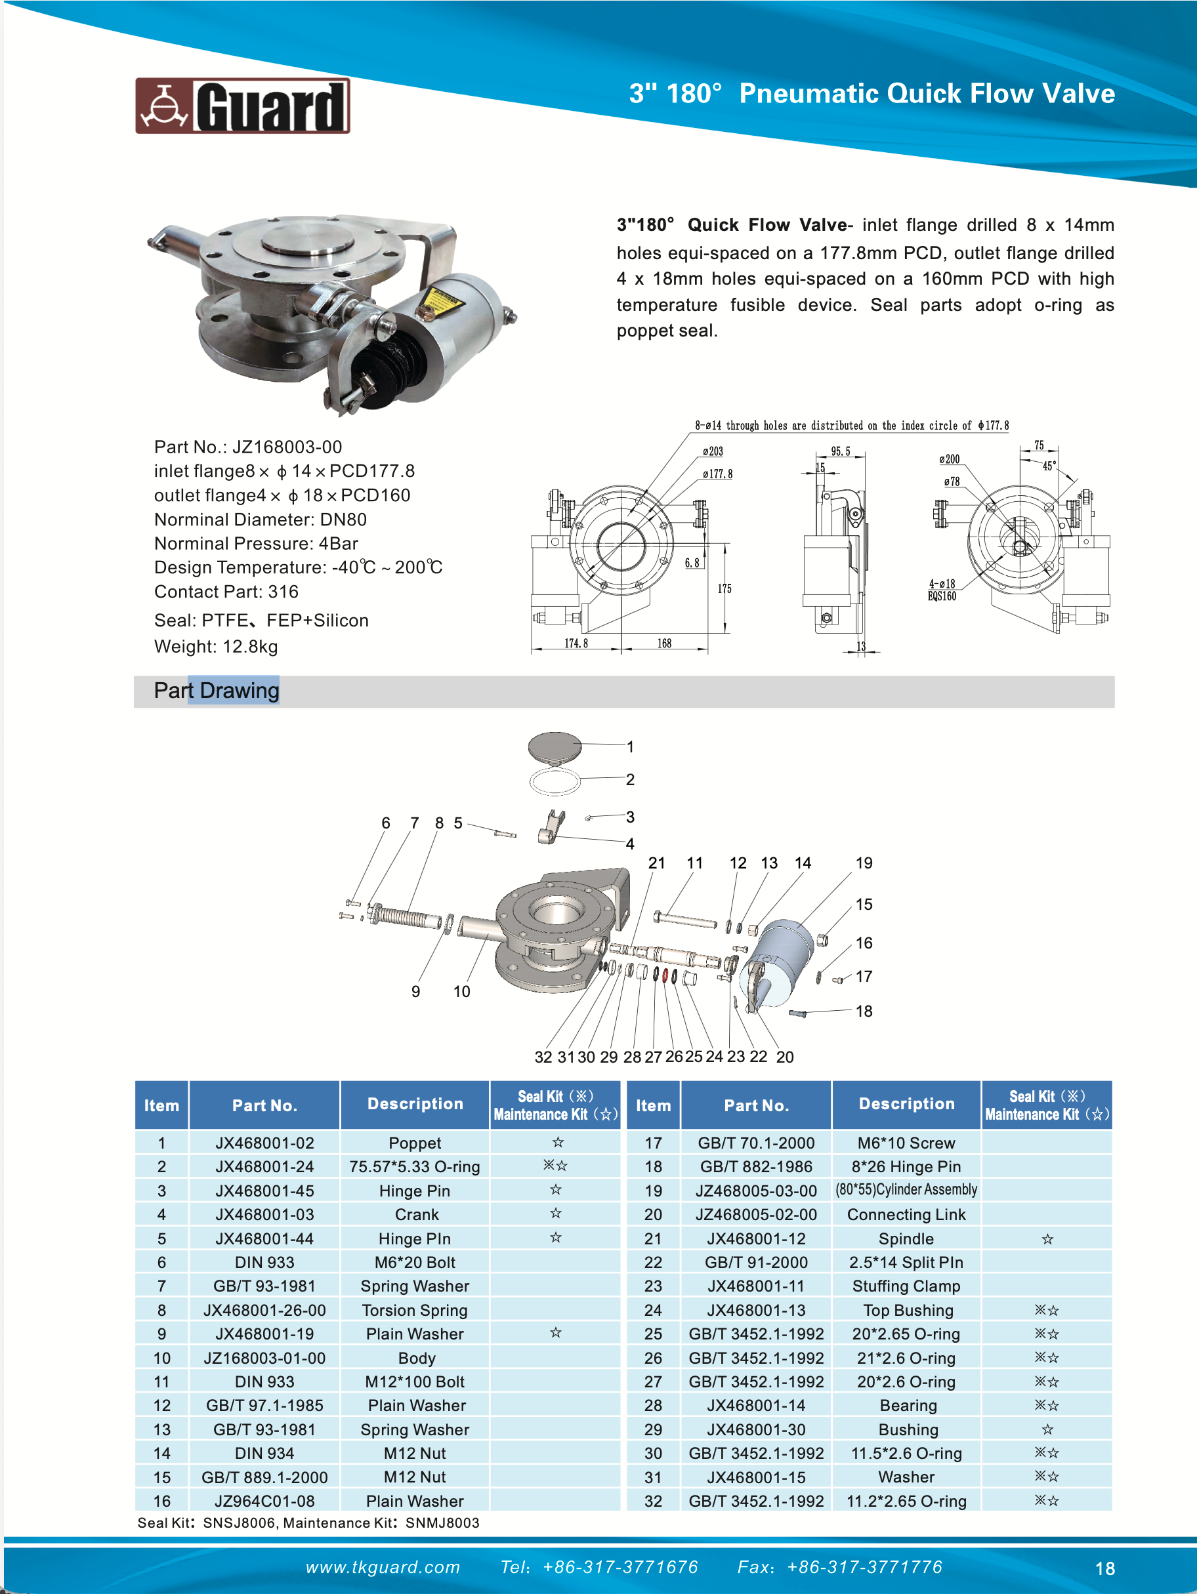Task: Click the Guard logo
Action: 242,106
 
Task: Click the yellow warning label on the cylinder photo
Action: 440,302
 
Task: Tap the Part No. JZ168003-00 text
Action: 248,447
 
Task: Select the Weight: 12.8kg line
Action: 216,646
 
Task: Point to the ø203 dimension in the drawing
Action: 713,452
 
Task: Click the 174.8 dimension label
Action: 576,643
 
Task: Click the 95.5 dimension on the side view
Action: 840,452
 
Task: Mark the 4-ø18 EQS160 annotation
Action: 942,590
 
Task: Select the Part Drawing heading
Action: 217,690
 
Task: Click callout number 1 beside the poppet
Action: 630,746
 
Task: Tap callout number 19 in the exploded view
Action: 864,863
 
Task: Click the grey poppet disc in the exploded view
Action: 555,747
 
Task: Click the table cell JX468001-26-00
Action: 264,1310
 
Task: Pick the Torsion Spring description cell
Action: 415,1310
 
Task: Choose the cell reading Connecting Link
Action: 906,1214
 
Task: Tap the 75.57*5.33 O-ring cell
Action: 415,1167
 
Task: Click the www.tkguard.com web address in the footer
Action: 383,1567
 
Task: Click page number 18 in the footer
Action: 1104,1569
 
